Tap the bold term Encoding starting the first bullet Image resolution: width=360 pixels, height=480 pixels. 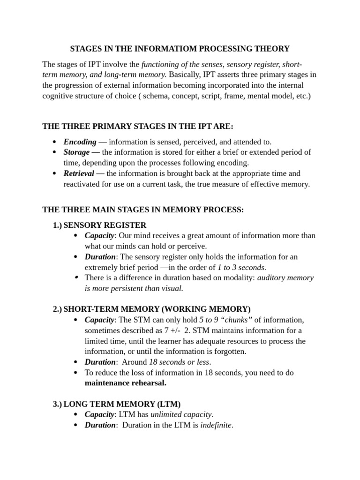point(80,142)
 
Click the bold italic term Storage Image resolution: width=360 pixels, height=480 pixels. point(76,152)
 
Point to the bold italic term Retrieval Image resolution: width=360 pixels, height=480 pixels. point(79,173)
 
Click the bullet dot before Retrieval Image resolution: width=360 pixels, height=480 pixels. point(55,173)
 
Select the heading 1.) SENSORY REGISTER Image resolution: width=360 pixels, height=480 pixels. point(99,225)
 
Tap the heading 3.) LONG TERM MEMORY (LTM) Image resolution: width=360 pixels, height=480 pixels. point(117,404)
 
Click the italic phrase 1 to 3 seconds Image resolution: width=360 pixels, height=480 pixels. point(241,268)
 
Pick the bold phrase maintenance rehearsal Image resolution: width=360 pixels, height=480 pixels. point(125,383)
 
